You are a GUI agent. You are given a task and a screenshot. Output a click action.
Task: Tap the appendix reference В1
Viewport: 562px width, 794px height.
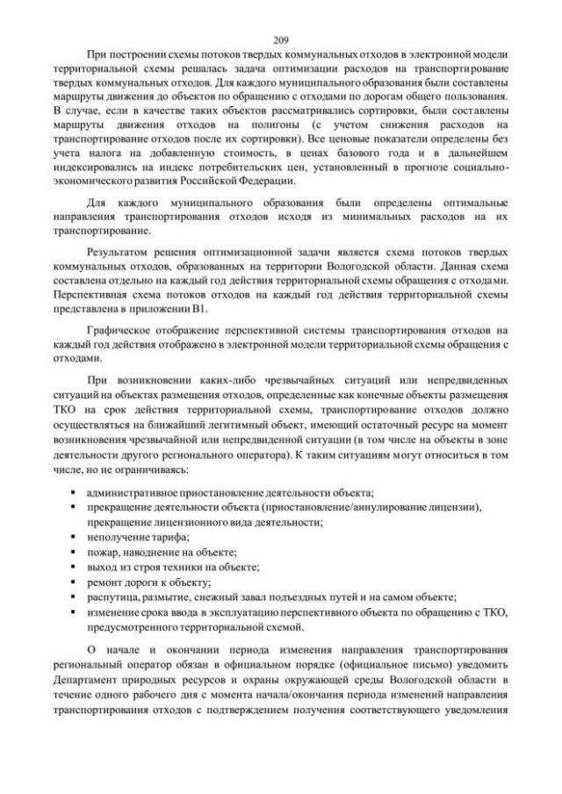(x=204, y=309)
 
